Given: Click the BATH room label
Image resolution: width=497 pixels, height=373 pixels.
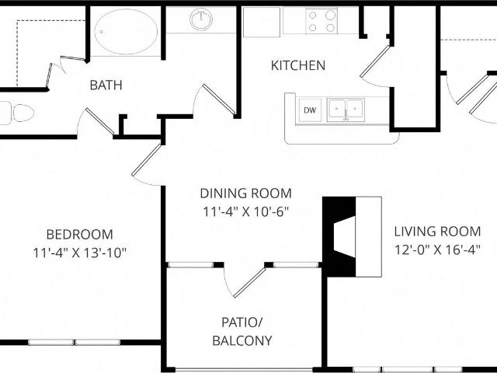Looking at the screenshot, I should pos(106,85).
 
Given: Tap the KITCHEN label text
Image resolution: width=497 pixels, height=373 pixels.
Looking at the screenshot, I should pos(297,65).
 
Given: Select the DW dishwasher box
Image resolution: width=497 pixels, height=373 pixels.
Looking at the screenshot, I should pos(310,110).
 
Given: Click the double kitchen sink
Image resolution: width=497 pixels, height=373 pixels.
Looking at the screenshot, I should pos(345,110).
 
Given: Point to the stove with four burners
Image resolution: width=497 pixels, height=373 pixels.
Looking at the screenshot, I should pos(321,21).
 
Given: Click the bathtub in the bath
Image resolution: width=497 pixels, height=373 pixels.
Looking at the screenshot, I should pos(126,30).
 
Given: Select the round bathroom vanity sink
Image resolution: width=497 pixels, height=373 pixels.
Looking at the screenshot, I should pos(202,20).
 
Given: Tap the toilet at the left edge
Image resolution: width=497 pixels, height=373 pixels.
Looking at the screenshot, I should pos(17,113).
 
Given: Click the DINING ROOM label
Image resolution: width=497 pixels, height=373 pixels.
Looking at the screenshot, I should pos(245,193).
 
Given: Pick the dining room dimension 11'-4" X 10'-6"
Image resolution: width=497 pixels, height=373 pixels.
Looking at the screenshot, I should pos(245,211).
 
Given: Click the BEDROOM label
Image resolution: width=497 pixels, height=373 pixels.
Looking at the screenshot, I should pos(79,234).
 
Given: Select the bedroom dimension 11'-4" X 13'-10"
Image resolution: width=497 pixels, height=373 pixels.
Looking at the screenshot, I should pos(79,252).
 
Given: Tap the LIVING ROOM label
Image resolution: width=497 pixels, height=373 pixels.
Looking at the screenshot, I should pos(437,231).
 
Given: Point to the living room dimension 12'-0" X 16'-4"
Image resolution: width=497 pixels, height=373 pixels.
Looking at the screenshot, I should pos(437,249).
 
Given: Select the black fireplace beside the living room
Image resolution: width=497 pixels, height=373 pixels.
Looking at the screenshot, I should pos(339,235).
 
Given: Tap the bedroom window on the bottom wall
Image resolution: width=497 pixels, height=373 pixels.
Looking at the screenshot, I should pos(75,342).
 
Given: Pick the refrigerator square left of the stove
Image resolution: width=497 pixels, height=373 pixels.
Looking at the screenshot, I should pos(261,22).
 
